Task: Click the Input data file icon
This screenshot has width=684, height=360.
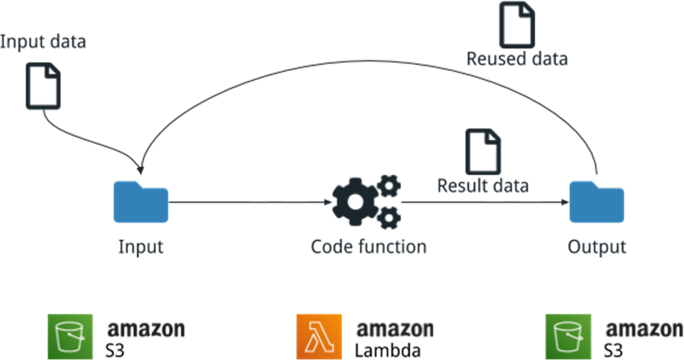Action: (42, 86)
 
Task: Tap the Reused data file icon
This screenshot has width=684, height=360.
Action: (517, 24)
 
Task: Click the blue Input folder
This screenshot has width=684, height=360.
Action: (141, 203)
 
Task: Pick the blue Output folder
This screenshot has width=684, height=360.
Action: (597, 203)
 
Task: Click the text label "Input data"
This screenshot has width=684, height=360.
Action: (43, 42)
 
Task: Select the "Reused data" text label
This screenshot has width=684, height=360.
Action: (517, 59)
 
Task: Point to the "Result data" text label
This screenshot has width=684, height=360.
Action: (483, 185)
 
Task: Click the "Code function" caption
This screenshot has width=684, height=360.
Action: (368, 247)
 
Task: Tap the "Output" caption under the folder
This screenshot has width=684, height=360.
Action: (597, 247)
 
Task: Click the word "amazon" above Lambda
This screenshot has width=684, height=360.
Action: (395, 327)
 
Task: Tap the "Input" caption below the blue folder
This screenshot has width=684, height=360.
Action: (140, 247)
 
